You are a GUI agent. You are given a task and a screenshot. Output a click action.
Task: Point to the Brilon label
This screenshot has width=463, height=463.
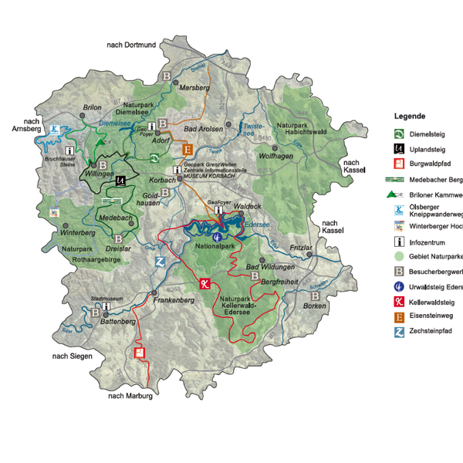tap(92, 107)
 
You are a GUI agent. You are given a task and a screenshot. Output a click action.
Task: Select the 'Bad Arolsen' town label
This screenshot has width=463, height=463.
tap(204, 128)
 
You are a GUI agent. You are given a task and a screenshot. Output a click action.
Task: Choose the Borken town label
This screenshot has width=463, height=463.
tap(314, 306)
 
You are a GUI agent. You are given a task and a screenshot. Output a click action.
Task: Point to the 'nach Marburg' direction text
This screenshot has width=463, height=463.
tap(130, 397)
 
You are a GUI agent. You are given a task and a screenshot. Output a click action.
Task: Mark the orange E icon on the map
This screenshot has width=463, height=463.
tap(187, 150)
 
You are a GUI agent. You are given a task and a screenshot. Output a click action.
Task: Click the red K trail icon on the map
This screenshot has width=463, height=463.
tap(204, 283)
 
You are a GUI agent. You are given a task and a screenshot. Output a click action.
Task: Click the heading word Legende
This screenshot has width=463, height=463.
tap(410, 116)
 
